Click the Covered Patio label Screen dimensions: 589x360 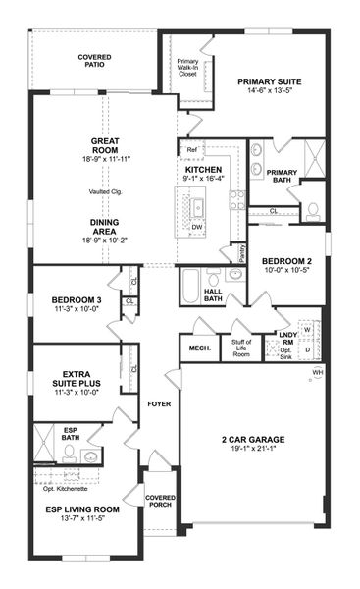[x=94, y=63]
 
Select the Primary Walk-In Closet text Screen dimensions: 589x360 [x=187, y=67]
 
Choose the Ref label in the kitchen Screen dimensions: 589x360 [x=191, y=150]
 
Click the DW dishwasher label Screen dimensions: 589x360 [x=198, y=226]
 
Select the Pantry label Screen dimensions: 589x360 [x=234, y=251]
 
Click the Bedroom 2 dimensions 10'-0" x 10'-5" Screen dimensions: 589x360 [x=285, y=271]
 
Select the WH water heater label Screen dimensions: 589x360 [x=317, y=373]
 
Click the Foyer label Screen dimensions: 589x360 [x=160, y=403]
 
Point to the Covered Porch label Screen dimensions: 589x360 [x=160, y=502]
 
